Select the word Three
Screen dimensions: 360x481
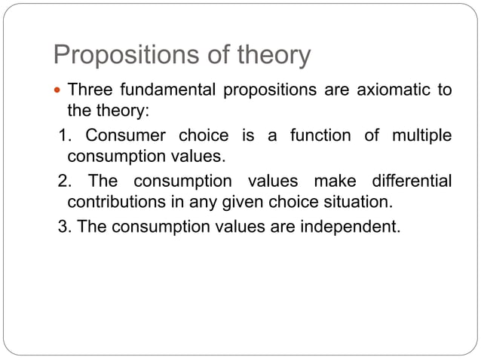pyautogui.click(x=90, y=91)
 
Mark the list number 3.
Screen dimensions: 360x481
pyautogui.click(x=64, y=226)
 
